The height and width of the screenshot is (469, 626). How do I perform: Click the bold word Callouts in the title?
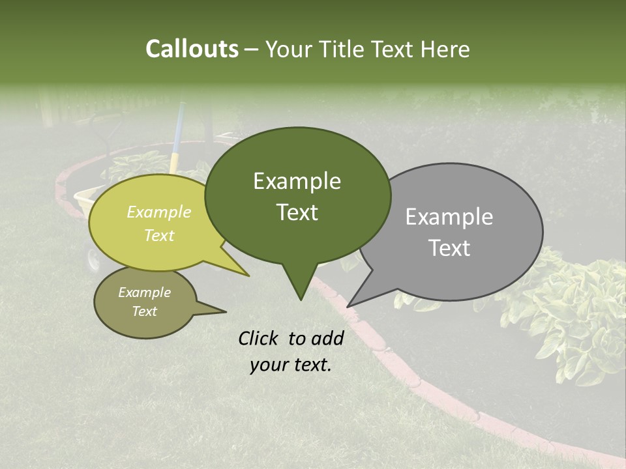(x=192, y=50)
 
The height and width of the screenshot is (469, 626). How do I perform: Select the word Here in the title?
(x=445, y=50)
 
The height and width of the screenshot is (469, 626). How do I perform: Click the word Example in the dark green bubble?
(x=297, y=181)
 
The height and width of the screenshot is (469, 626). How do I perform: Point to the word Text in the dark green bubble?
(x=297, y=212)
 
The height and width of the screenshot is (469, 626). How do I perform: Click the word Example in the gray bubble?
(x=449, y=217)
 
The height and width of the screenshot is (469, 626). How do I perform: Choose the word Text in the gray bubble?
(x=449, y=248)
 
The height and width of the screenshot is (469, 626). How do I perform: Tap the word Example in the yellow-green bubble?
(x=158, y=212)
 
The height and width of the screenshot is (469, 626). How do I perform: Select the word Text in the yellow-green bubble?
(x=158, y=236)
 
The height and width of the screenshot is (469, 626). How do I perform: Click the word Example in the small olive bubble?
(x=144, y=292)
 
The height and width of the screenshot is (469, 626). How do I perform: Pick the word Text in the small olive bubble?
(x=144, y=311)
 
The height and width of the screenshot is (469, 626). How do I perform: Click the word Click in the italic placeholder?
(x=260, y=338)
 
